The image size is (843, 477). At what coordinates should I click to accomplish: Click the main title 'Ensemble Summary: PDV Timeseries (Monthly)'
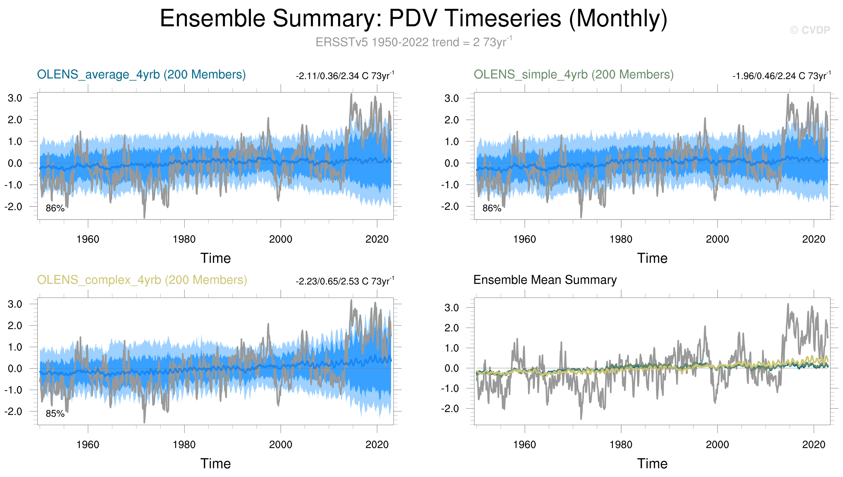(413, 18)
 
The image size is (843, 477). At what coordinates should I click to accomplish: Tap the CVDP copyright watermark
(810, 30)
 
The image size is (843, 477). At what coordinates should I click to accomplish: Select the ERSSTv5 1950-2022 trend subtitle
(413, 42)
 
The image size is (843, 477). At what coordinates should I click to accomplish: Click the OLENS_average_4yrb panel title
(141, 75)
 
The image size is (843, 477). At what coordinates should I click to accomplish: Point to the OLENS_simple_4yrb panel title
(573, 75)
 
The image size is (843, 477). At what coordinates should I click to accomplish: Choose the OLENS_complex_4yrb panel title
(142, 280)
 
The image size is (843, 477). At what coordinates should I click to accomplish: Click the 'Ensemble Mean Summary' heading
(545, 280)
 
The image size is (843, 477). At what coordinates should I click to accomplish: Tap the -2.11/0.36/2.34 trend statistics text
(345, 76)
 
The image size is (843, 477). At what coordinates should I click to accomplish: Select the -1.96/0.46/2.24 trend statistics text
(781, 76)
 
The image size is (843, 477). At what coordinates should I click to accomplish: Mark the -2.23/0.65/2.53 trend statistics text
(345, 281)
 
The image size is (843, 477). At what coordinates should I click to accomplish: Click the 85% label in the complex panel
(55, 414)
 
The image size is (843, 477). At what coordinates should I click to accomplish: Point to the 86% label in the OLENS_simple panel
(492, 208)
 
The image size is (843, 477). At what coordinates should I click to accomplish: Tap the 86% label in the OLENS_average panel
(55, 208)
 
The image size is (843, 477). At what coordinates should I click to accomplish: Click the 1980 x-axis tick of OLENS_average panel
(184, 239)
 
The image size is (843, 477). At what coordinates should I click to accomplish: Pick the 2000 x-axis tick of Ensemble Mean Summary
(717, 445)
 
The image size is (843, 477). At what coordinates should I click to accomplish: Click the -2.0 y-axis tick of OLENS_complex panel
(13, 412)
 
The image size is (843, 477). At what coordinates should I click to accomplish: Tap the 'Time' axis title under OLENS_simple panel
(652, 259)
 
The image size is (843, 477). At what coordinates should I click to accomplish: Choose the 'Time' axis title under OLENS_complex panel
(216, 464)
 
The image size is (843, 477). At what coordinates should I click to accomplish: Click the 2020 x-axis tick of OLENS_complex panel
(377, 445)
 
